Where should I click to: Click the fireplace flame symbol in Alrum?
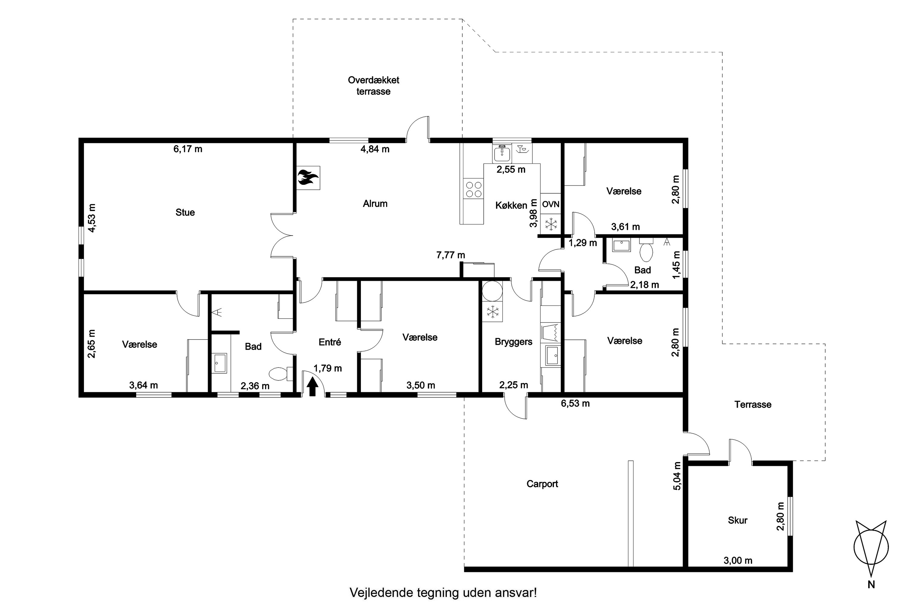click(308, 178)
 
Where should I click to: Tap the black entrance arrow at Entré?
click(312, 387)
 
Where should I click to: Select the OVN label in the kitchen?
click(551, 204)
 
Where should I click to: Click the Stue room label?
click(185, 212)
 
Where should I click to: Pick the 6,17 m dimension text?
click(188, 149)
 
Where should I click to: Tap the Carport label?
click(542, 484)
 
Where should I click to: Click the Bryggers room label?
click(513, 342)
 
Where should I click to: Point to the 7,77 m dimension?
click(451, 255)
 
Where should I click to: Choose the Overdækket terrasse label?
click(373, 86)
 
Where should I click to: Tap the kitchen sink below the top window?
click(503, 153)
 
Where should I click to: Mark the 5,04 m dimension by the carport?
click(677, 476)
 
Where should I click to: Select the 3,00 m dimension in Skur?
click(738, 560)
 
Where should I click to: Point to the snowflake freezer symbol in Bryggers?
click(492, 312)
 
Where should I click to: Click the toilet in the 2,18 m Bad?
click(646, 250)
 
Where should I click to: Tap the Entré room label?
click(330, 342)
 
